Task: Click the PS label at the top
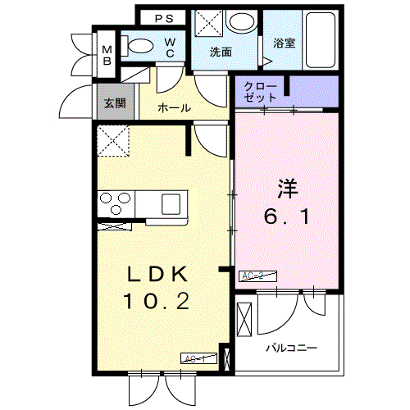[163, 17]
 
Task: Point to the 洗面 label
[220, 52]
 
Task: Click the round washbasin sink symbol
[241, 22]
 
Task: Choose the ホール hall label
[174, 107]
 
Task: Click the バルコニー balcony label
[290, 348]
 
